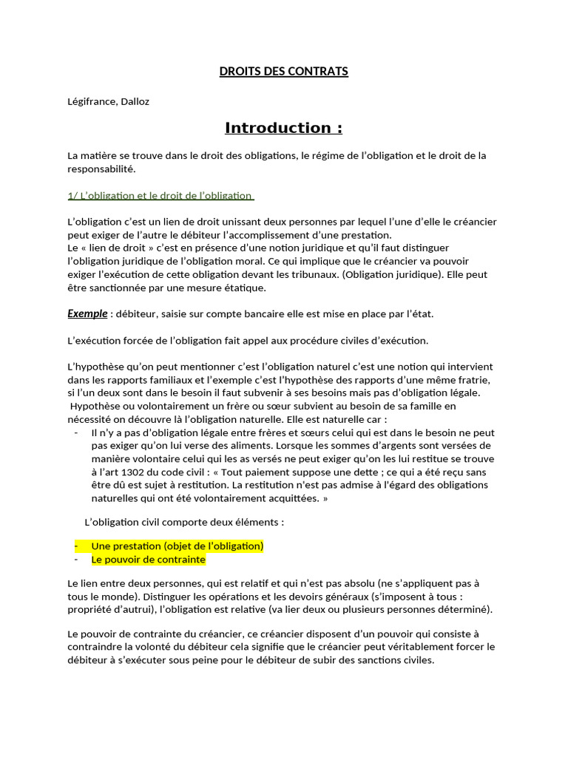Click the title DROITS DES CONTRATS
coord(284,72)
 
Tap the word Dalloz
coord(134,102)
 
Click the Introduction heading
coord(284,128)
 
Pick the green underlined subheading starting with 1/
coord(160,195)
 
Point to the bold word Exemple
coord(87,313)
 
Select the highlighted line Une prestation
coord(177,546)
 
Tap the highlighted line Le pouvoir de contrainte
coord(148,560)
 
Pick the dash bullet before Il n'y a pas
coord(77,432)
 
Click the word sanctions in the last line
coord(352,661)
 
